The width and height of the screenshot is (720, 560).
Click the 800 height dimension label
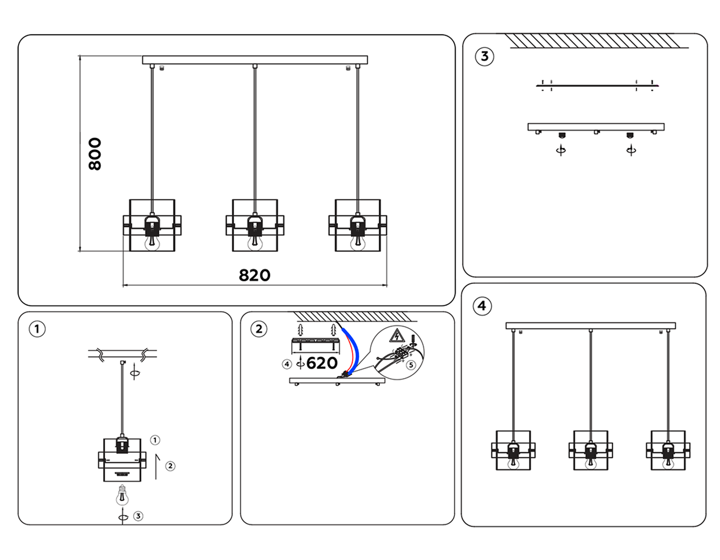(95, 154)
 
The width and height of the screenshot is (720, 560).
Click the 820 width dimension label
(254, 275)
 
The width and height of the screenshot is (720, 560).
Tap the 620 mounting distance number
(322, 363)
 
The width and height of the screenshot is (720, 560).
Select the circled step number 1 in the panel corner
(37, 329)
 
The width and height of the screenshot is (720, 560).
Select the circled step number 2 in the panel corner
(259, 329)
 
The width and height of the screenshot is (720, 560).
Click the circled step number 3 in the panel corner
(484, 56)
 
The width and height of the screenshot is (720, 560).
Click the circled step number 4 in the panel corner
(482, 306)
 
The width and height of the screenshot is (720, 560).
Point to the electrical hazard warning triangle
(397, 336)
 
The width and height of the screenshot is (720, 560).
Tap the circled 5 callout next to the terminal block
(411, 365)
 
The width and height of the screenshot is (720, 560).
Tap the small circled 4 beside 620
(287, 364)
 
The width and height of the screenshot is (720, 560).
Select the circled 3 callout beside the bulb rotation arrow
(138, 516)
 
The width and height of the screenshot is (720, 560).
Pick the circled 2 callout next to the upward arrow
(170, 466)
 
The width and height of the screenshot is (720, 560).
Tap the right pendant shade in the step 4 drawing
(668, 450)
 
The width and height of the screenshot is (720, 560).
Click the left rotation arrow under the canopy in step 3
(561, 150)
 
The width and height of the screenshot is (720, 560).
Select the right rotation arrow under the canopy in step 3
(631, 150)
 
